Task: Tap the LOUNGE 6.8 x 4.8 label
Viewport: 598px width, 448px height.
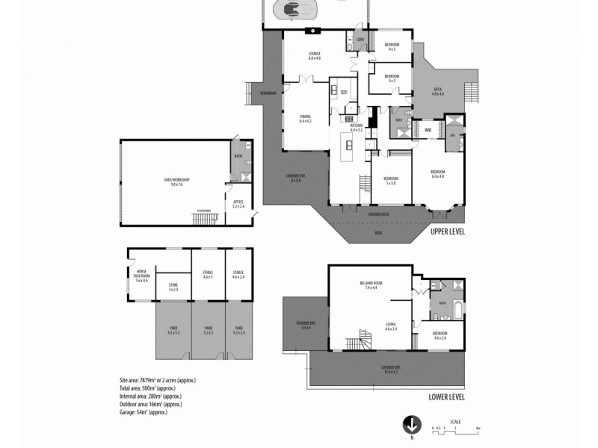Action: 314,55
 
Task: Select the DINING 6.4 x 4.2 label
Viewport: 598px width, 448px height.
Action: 305,118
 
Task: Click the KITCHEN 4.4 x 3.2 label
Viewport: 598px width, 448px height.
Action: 356,127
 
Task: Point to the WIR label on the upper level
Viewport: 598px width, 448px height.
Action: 428,130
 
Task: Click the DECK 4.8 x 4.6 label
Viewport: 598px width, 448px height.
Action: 439,92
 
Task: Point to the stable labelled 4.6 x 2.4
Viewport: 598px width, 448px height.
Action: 238,274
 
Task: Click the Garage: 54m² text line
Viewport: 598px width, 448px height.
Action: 148,412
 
